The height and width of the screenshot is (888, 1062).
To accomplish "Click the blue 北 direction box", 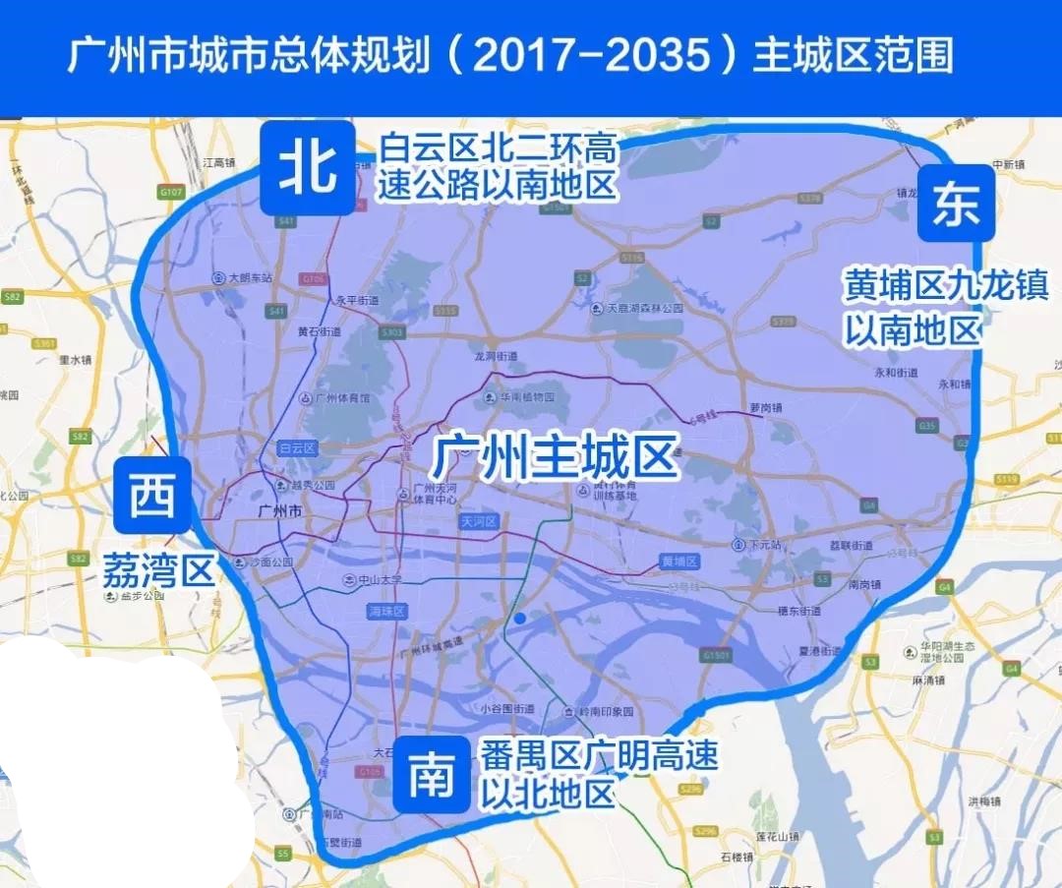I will (x=308, y=168).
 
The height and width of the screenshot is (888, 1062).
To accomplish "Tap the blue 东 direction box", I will (x=956, y=204).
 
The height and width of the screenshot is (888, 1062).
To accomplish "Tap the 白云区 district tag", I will (x=297, y=447).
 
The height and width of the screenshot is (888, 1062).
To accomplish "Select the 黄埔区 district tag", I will (x=678, y=562).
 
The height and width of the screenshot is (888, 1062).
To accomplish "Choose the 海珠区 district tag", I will (x=387, y=612).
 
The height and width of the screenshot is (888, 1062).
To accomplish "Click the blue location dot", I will (x=518, y=619).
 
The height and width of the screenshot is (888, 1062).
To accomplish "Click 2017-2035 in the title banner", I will (x=590, y=56).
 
